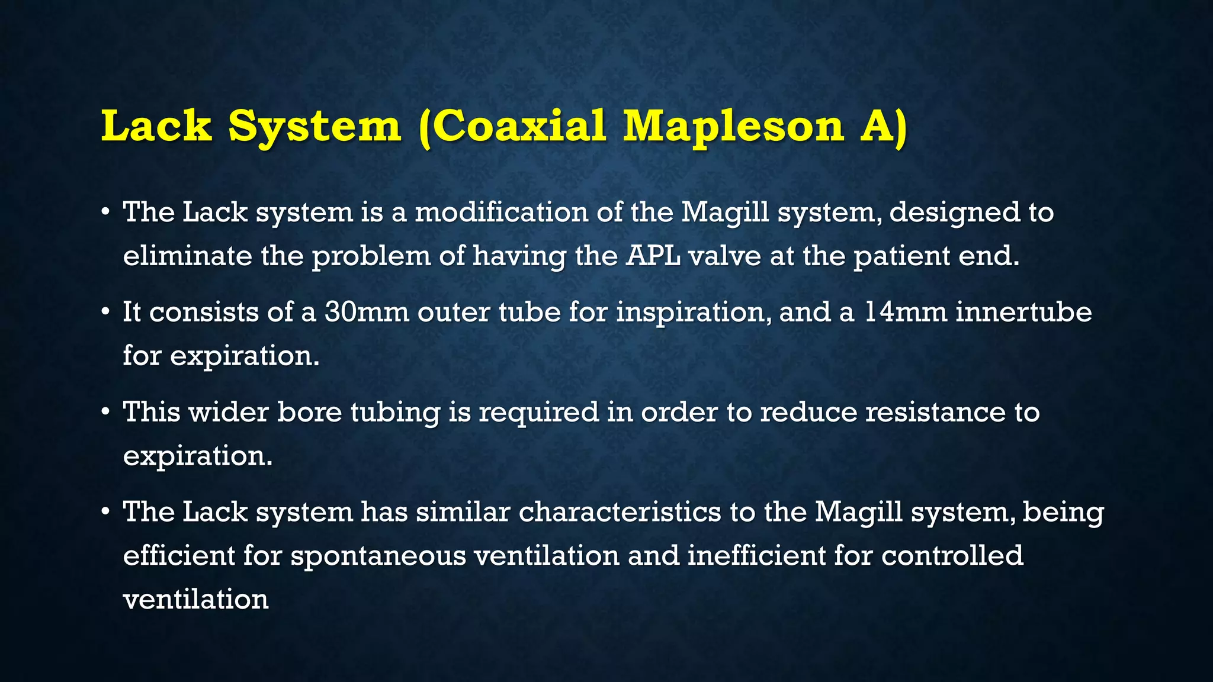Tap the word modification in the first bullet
501,212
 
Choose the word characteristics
620,512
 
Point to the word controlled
952,555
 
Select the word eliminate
187,256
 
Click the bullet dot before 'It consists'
105,311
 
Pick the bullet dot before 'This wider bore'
105,411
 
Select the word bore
309,412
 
